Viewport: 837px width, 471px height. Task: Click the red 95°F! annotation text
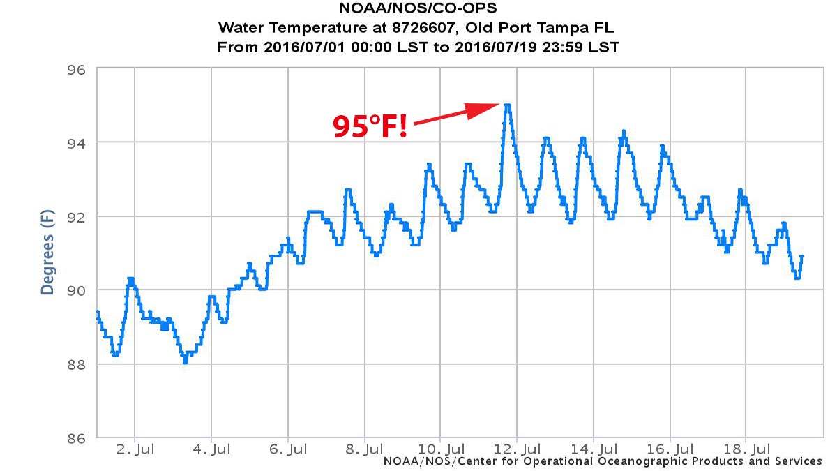pyautogui.click(x=370, y=126)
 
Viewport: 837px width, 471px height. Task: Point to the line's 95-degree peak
pyautogui.click(x=508, y=105)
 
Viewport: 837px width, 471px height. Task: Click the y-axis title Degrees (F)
pyautogui.click(x=47, y=253)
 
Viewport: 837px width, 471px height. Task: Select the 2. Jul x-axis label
pyautogui.click(x=135, y=449)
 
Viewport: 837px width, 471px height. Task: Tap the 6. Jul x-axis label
pyautogui.click(x=288, y=449)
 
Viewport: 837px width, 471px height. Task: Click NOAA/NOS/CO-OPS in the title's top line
pyautogui.click(x=418, y=10)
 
